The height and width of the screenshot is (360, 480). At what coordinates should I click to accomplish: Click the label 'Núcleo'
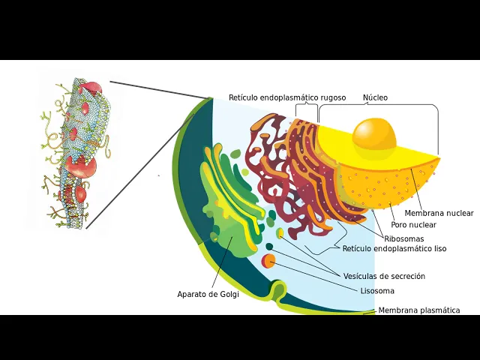[375, 97]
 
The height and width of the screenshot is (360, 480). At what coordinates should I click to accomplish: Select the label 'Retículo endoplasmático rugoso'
[287, 97]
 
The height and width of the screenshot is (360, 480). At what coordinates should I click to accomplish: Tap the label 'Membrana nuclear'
[439, 213]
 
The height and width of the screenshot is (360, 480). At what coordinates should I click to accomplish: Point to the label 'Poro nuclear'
[413, 225]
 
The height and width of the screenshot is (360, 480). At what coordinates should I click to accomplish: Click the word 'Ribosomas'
[403, 238]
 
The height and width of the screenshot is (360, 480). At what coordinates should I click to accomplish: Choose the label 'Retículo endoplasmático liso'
[394, 248]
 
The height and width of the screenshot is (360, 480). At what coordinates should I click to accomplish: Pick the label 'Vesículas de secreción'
[384, 276]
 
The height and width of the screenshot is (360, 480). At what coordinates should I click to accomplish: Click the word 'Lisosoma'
[377, 291]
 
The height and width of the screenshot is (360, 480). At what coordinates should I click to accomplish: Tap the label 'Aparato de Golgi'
[208, 294]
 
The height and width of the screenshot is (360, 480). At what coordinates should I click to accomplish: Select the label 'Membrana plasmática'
[418, 310]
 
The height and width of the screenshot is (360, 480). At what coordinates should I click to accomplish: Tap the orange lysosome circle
[268, 261]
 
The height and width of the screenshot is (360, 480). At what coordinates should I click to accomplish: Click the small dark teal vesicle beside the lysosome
[269, 247]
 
